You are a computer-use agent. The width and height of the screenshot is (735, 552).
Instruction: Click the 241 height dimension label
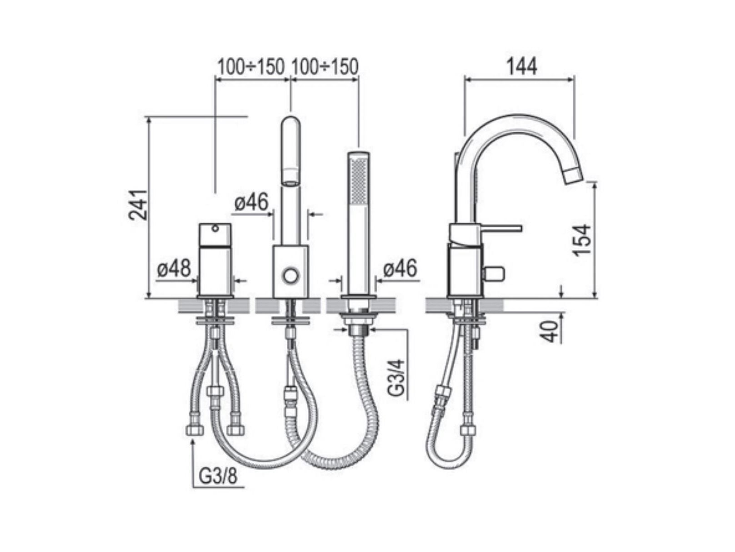[x=138, y=205]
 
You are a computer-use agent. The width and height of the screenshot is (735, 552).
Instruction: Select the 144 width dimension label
[x=522, y=66]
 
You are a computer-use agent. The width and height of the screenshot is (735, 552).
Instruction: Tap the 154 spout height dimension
[x=581, y=240]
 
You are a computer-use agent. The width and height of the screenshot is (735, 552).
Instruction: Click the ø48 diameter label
[x=174, y=268]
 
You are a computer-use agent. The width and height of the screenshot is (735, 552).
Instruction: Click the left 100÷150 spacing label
[x=251, y=67]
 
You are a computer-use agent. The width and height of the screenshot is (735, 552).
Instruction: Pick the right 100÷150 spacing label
[x=325, y=67]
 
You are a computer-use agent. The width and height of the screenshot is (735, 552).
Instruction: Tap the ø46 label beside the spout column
[x=251, y=202]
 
